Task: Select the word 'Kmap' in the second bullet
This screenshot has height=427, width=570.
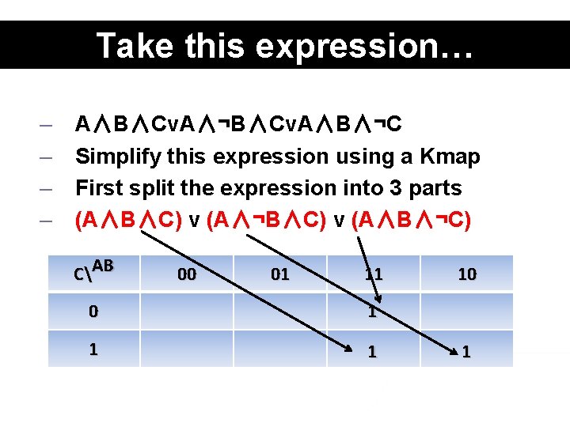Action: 451,157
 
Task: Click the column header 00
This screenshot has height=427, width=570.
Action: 188,274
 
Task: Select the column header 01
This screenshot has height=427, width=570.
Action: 280,274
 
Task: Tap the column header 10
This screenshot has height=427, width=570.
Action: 467,274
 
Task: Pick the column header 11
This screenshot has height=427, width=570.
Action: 374,274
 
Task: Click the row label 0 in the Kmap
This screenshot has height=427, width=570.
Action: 93,312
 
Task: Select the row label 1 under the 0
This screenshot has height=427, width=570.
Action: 93,349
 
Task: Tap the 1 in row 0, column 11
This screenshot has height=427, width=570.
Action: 373,312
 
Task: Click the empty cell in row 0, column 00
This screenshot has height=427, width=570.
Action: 188,312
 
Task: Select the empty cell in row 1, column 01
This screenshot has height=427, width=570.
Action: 280,349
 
